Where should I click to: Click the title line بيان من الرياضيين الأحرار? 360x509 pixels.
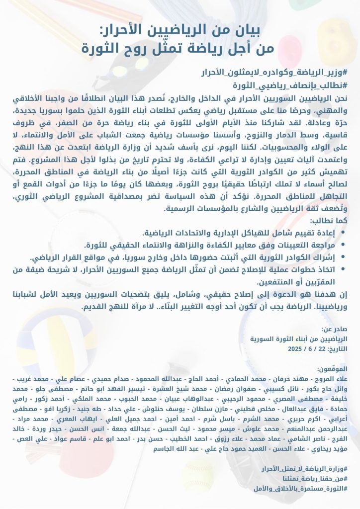180,31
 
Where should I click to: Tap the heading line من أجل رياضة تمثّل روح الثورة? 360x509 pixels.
180,49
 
